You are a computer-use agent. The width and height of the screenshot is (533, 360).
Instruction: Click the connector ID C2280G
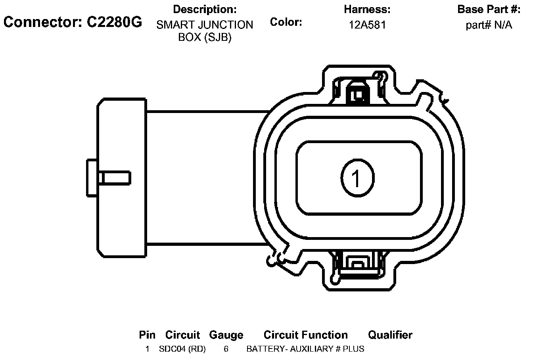click(114, 22)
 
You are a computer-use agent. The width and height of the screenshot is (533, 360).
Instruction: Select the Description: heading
click(205, 10)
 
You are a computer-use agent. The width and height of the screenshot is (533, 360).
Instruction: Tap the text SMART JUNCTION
click(205, 25)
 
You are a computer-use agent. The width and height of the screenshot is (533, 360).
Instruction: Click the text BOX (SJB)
click(205, 37)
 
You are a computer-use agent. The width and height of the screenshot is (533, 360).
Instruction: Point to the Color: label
click(286, 22)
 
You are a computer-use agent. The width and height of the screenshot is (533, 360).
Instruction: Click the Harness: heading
click(367, 10)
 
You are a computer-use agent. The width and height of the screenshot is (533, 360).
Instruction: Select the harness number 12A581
click(367, 25)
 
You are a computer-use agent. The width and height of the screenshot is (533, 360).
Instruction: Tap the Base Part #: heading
click(489, 10)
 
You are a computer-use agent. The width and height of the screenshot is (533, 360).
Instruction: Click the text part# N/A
click(489, 25)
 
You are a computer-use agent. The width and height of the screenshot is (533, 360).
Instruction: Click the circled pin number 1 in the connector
click(357, 178)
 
